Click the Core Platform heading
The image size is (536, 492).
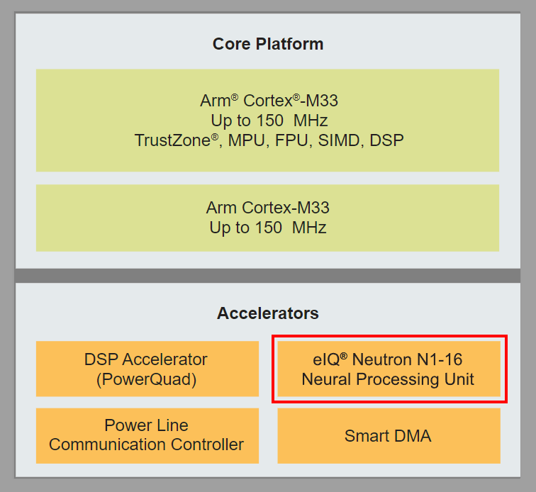coord(267,44)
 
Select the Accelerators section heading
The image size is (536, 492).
coord(267,313)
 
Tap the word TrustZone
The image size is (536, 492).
coord(172,140)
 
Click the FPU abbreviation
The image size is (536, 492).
coord(292,140)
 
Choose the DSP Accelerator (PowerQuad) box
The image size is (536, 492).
coord(147,369)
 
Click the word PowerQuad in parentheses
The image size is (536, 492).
coord(147,379)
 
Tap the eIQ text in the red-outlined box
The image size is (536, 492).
coord(328,359)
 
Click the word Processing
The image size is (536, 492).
coord(386,379)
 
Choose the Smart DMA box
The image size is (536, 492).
coord(389,435)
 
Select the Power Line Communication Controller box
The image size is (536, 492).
coord(147,435)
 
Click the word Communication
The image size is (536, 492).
coord(113,445)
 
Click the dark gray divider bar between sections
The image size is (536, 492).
coord(267,275)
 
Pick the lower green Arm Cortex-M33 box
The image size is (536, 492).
coord(267,218)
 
